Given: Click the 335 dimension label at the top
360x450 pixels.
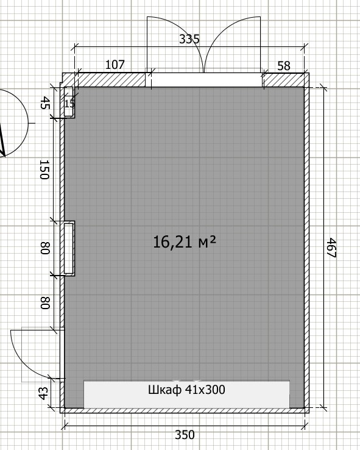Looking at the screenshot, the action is (x=189, y=39).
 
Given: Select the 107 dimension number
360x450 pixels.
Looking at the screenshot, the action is (x=115, y=65).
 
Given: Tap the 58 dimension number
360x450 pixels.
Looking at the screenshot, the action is (x=284, y=66).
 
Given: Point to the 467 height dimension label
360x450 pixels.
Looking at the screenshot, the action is (x=331, y=248).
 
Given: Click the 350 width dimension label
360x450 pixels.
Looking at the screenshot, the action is (x=185, y=435).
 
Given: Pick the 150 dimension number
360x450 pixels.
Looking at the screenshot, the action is (x=44, y=170).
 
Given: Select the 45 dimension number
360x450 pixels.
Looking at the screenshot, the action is (x=45, y=102).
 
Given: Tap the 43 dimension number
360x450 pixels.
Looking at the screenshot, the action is (x=43, y=393).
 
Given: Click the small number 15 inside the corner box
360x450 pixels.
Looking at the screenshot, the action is (x=69, y=104).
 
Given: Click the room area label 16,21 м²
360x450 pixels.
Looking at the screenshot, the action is (x=185, y=241).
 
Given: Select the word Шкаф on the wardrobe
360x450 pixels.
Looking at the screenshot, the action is (x=164, y=390).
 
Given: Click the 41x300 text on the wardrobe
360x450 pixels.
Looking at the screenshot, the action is (x=205, y=390).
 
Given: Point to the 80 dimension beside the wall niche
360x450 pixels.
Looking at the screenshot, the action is (x=45, y=248).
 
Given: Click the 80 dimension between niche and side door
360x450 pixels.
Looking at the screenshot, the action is (x=45, y=303).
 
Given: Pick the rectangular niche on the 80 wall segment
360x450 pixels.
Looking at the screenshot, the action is (x=69, y=248).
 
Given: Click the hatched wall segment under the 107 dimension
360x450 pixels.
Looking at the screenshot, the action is (x=110, y=80).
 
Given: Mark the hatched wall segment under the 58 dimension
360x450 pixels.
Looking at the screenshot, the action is (x=284, y=80).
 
